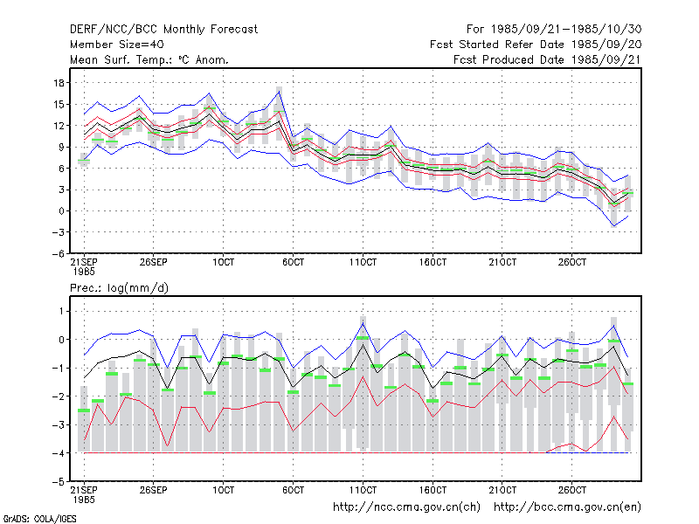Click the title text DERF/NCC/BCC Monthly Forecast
(163, 30)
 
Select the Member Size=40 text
(117, 45)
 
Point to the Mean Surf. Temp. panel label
(149, 59)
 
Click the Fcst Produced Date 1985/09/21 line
(547, 59)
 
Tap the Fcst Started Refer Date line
(536, 45)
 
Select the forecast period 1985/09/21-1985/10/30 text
(554, 30)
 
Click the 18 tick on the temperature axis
(59, 83)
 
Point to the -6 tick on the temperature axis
(58, 253)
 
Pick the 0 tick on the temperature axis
(61, 210)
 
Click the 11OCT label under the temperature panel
(363, 262)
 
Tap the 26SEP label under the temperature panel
(154, 262)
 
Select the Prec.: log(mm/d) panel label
(119, 288)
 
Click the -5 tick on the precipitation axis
(58, 482)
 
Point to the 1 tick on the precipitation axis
(61, 311)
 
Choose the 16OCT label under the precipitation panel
(433, 490)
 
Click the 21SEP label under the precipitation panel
(84, 490)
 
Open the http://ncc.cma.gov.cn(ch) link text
(406, 507)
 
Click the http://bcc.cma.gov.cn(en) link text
(567, 507)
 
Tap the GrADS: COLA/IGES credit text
(39, 519)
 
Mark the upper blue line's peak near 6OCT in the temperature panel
(280, 91)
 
